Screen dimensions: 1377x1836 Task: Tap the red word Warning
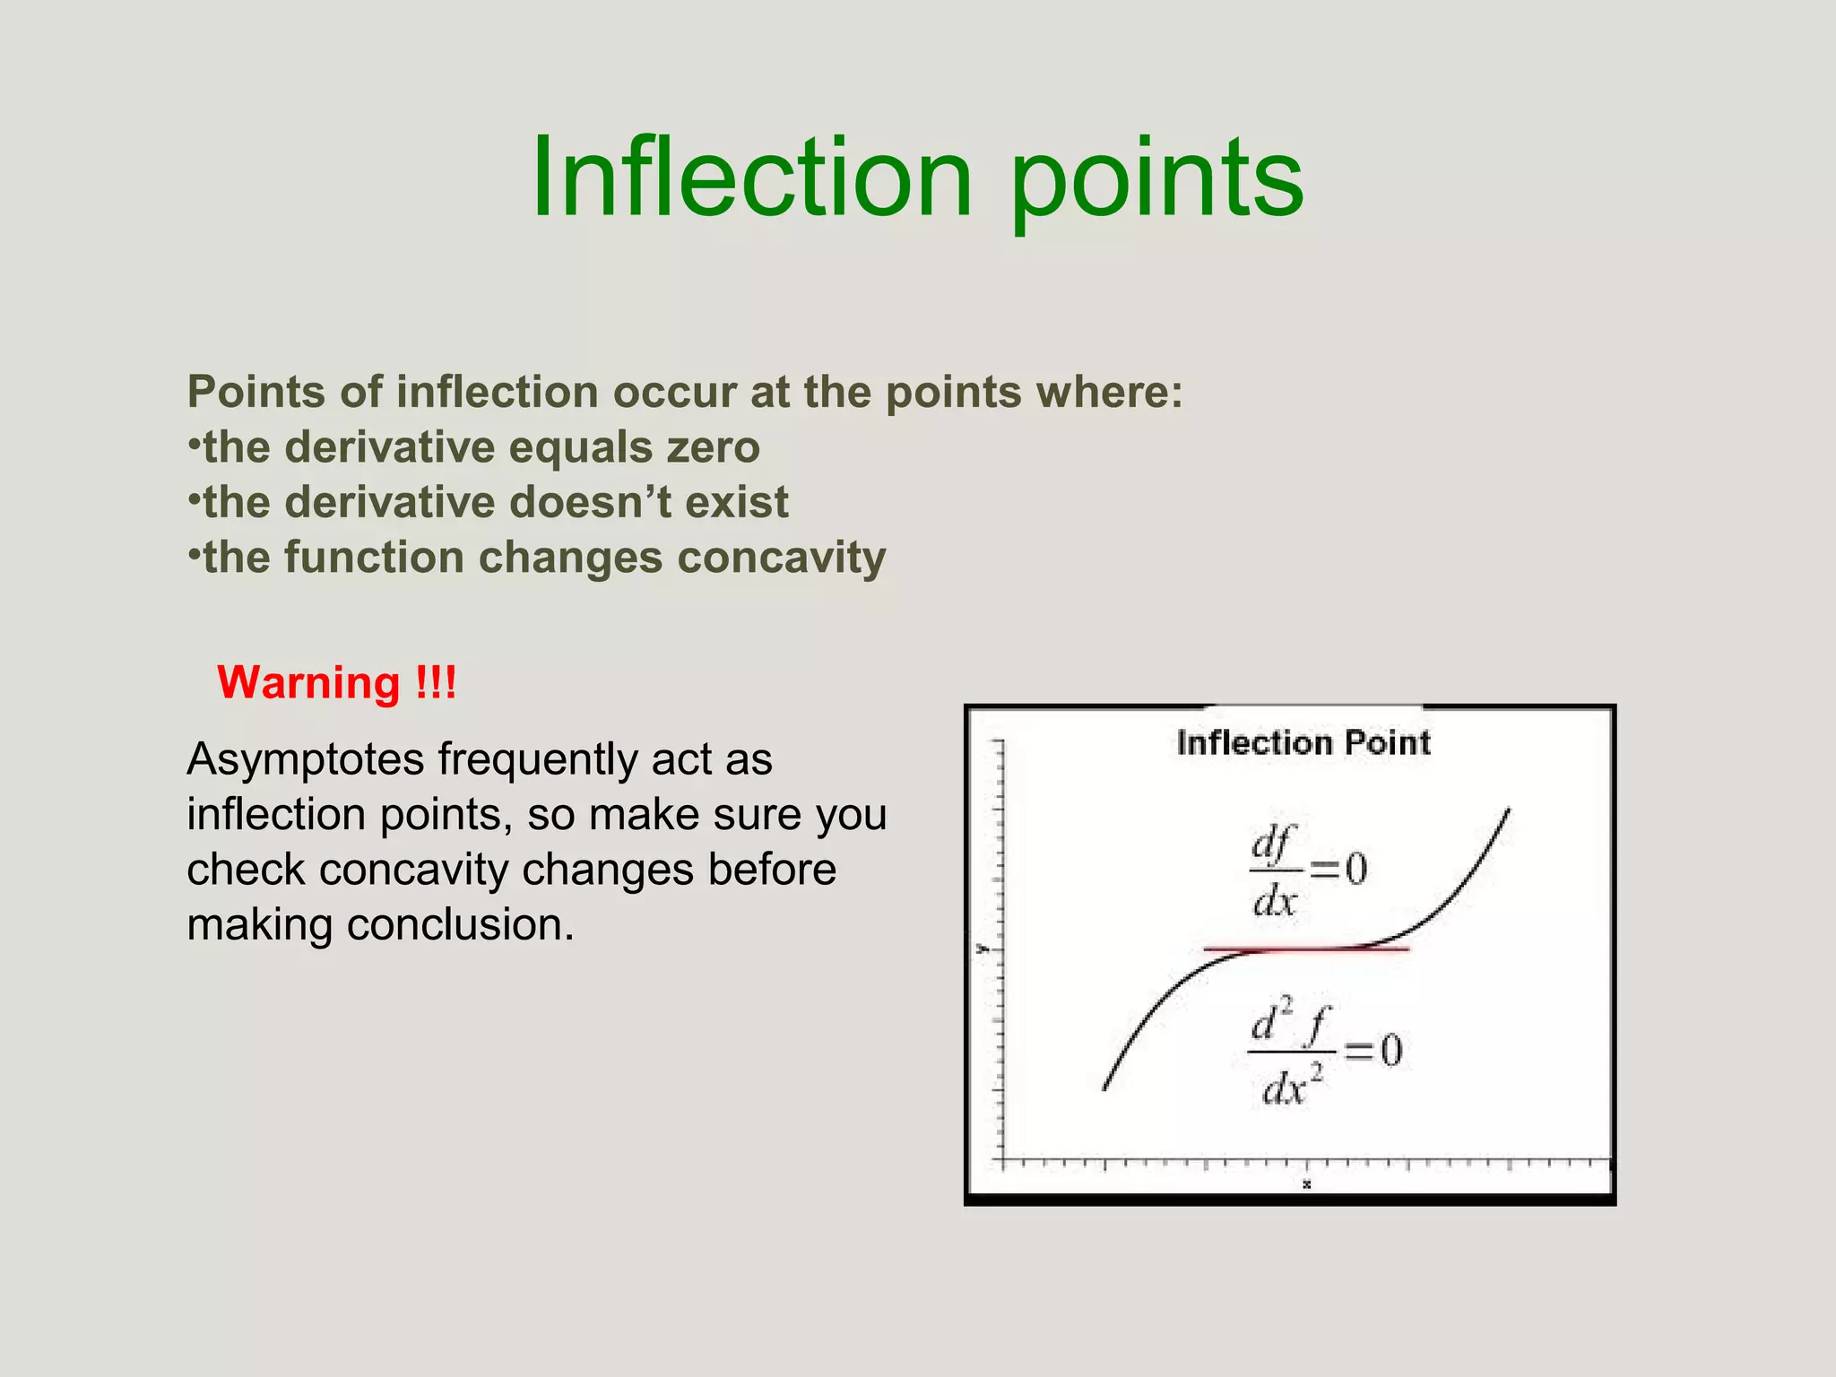pos(308,683)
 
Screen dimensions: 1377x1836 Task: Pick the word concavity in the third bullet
pos(781,558)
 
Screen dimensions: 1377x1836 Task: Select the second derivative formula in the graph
pos(1324,1054)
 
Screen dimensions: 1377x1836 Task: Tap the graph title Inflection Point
pos(1303,743)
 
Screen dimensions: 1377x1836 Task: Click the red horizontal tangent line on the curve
pos(1305,948)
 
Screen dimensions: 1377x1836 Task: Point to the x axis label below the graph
pos(1307,1184)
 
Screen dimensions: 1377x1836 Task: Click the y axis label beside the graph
pos(982,948)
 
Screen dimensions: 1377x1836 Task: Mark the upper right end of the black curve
pos(1508,810)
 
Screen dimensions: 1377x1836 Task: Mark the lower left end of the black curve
pos(1104,1087)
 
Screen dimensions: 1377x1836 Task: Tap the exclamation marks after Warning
pos(437,683)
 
